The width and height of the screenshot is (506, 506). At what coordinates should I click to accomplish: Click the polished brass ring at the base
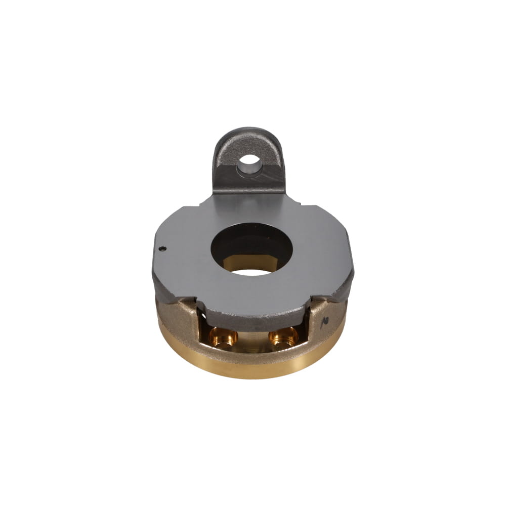pyautogui.click(x=253, y=367)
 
